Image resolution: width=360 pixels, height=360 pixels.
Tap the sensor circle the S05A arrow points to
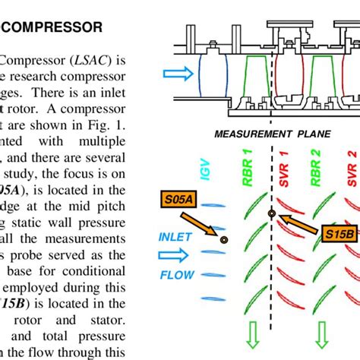(224, 240)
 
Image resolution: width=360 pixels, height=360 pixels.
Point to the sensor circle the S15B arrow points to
(271, 214)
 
